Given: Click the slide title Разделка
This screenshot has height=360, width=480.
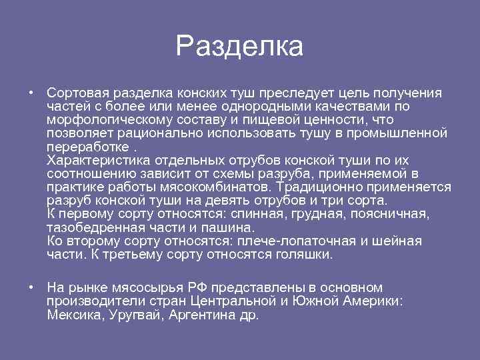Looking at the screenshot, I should click(x=239, y=47).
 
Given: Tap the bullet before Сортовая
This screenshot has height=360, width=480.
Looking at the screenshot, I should click(x=31, y=93).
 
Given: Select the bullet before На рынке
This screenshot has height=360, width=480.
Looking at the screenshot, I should click(x=31, y=287).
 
